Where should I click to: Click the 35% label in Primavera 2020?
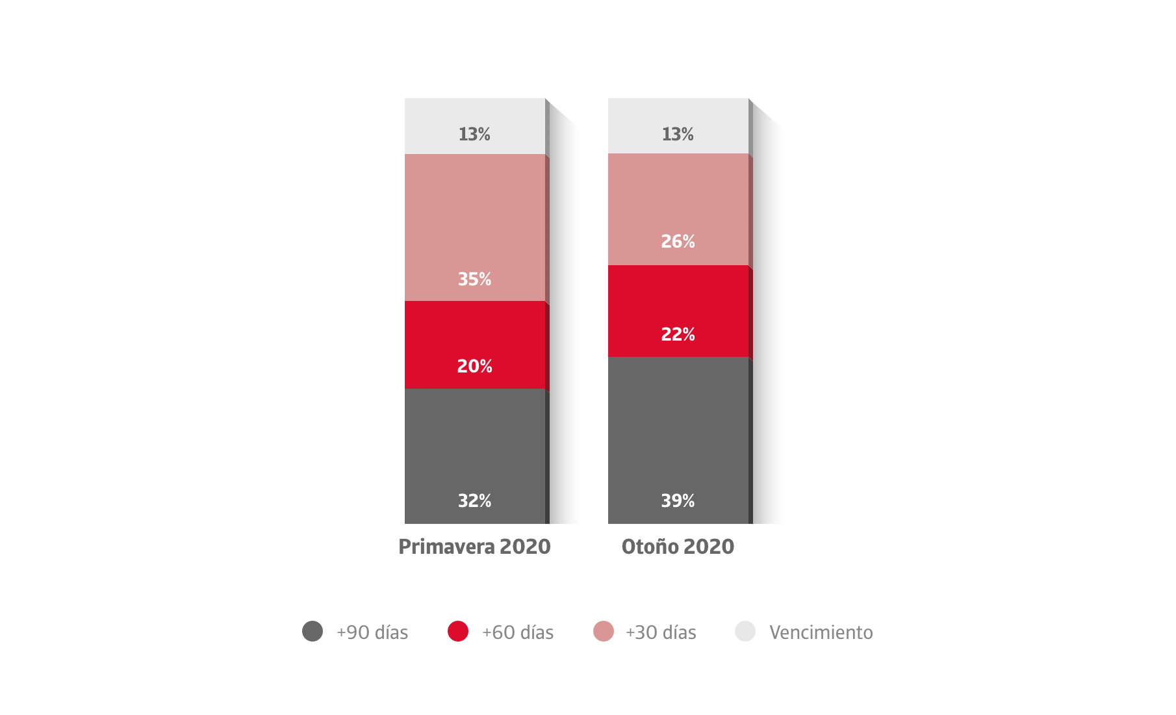click(474, 279)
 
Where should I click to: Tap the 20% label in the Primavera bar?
click(474, 367)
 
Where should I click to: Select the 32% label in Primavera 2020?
click(474, 501)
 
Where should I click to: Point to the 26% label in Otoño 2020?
click(678, 242)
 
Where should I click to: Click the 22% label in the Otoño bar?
click(678, 335)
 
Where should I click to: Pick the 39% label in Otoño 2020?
click(678, 501)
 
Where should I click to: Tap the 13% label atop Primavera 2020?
click(474, 135)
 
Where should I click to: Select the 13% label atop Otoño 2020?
click(678, 135)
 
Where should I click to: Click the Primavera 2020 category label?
click(474, 547)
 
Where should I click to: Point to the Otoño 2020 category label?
click(678, 547)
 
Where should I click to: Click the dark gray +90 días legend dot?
click(313, 631)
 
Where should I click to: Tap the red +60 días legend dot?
click(458, 631)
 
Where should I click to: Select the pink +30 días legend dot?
click(604, 631)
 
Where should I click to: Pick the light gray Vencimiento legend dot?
click(745, 631)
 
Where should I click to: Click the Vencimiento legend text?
click(821, 632)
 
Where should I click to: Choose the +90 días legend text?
click(372, 632)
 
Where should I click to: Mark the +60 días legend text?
click(517, 632)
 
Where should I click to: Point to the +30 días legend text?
click(661, 632)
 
